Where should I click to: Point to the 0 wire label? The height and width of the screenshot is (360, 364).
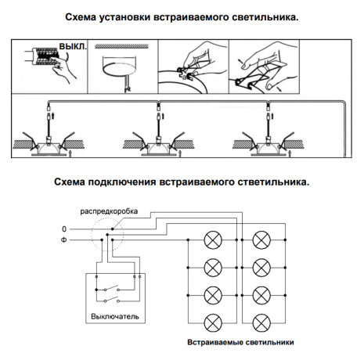pyautogui.click(x=65, y=229)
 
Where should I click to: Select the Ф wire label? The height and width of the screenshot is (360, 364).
pyautogui.click(x=65, y=242)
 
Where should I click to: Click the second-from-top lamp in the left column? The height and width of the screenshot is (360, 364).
pyautogui.click(x=212, y=268)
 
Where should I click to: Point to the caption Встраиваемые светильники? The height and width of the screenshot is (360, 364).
pyautogui.click(x=240, y=342)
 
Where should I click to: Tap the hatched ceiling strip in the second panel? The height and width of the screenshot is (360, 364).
pyautogui.click(x=122, y=48)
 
